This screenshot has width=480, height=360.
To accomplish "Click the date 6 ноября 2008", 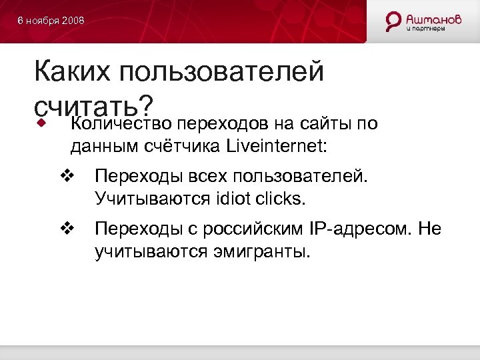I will tap(51, 21).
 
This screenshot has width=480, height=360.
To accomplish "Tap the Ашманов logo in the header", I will tap(423, 21).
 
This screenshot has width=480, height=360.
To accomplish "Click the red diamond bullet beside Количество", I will tap(42, 123).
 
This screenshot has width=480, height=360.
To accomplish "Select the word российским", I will tap(242, 230).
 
